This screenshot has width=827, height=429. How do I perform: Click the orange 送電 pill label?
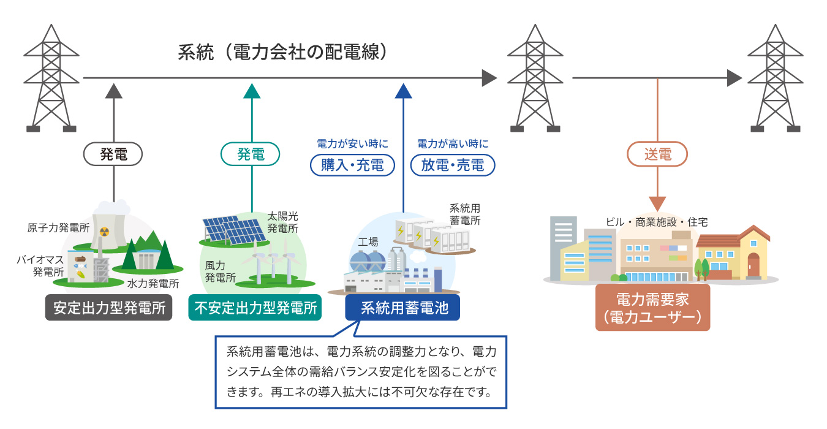[657, 154]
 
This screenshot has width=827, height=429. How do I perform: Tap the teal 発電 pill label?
[251, 154]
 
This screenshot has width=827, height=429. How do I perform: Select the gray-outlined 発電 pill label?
[114, 154]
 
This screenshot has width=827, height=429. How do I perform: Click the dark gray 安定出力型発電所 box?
[110, 308]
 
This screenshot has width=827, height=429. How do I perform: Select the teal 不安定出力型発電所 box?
[255, 308]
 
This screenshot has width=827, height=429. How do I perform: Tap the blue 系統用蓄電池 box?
[402, 308]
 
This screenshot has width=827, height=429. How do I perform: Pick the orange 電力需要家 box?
[652, 308]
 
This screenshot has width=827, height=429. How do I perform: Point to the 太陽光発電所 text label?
[282, 222]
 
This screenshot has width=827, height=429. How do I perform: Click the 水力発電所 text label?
[153, 284]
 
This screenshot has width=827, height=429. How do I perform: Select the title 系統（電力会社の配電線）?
[283, 52]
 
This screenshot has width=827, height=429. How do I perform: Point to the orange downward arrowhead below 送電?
[657, 204]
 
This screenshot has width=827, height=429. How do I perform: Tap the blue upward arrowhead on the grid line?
[403, 91]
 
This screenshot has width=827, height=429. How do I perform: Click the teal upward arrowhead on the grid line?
[251, 91]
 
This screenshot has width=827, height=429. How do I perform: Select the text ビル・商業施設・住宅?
[657, 222]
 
